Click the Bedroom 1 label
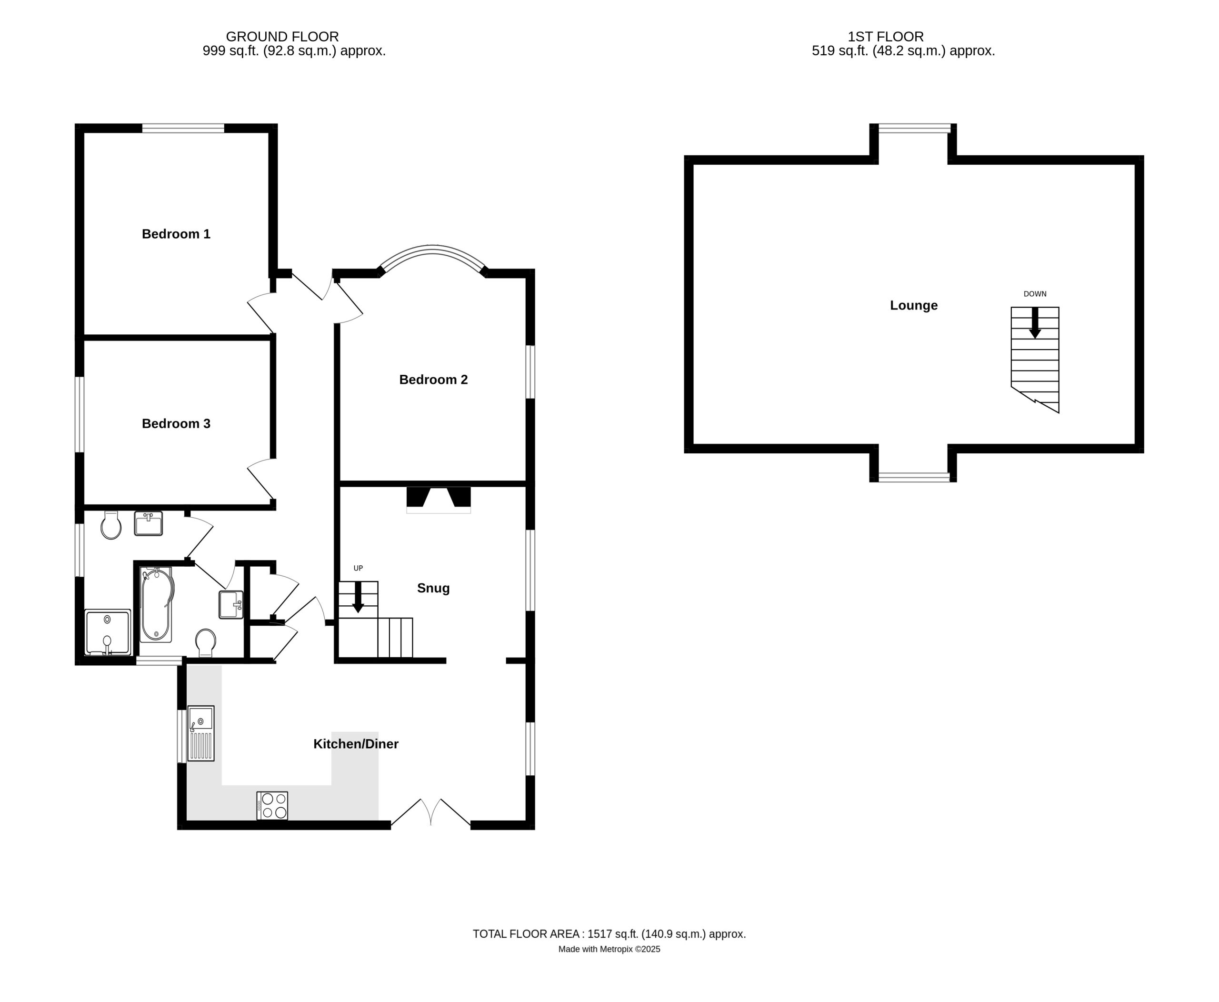tap(176, 234)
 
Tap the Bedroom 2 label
tap(433, 379)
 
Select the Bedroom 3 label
tap(176, 424)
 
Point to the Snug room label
tap(433, 588)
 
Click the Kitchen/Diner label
tap(356, 744)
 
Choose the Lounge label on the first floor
tap(914, 305)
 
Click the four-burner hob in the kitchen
tap(272, 806)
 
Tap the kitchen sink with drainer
tap(201, 733)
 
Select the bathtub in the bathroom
tap(156, 604)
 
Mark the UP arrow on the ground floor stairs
tap(358, 597)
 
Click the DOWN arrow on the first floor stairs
tap(1035, 322)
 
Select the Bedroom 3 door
tap(261, 479)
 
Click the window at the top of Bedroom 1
tap(183, 128)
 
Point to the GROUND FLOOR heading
tap(282, 37)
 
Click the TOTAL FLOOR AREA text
tap(609, 934)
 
